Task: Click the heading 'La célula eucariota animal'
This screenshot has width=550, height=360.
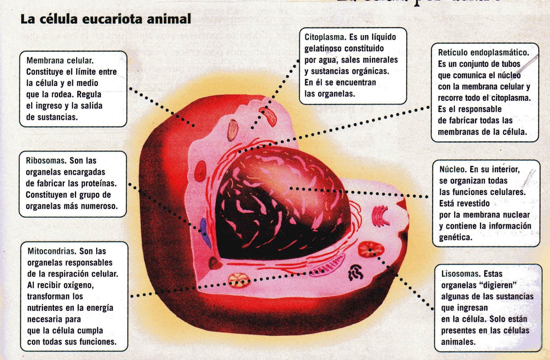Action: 106,19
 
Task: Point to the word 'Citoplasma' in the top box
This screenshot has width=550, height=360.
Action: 325,37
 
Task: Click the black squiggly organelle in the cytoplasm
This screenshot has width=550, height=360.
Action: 355,272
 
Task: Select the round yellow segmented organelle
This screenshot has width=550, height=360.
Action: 239,280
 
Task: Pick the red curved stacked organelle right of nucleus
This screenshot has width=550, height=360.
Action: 379,216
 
